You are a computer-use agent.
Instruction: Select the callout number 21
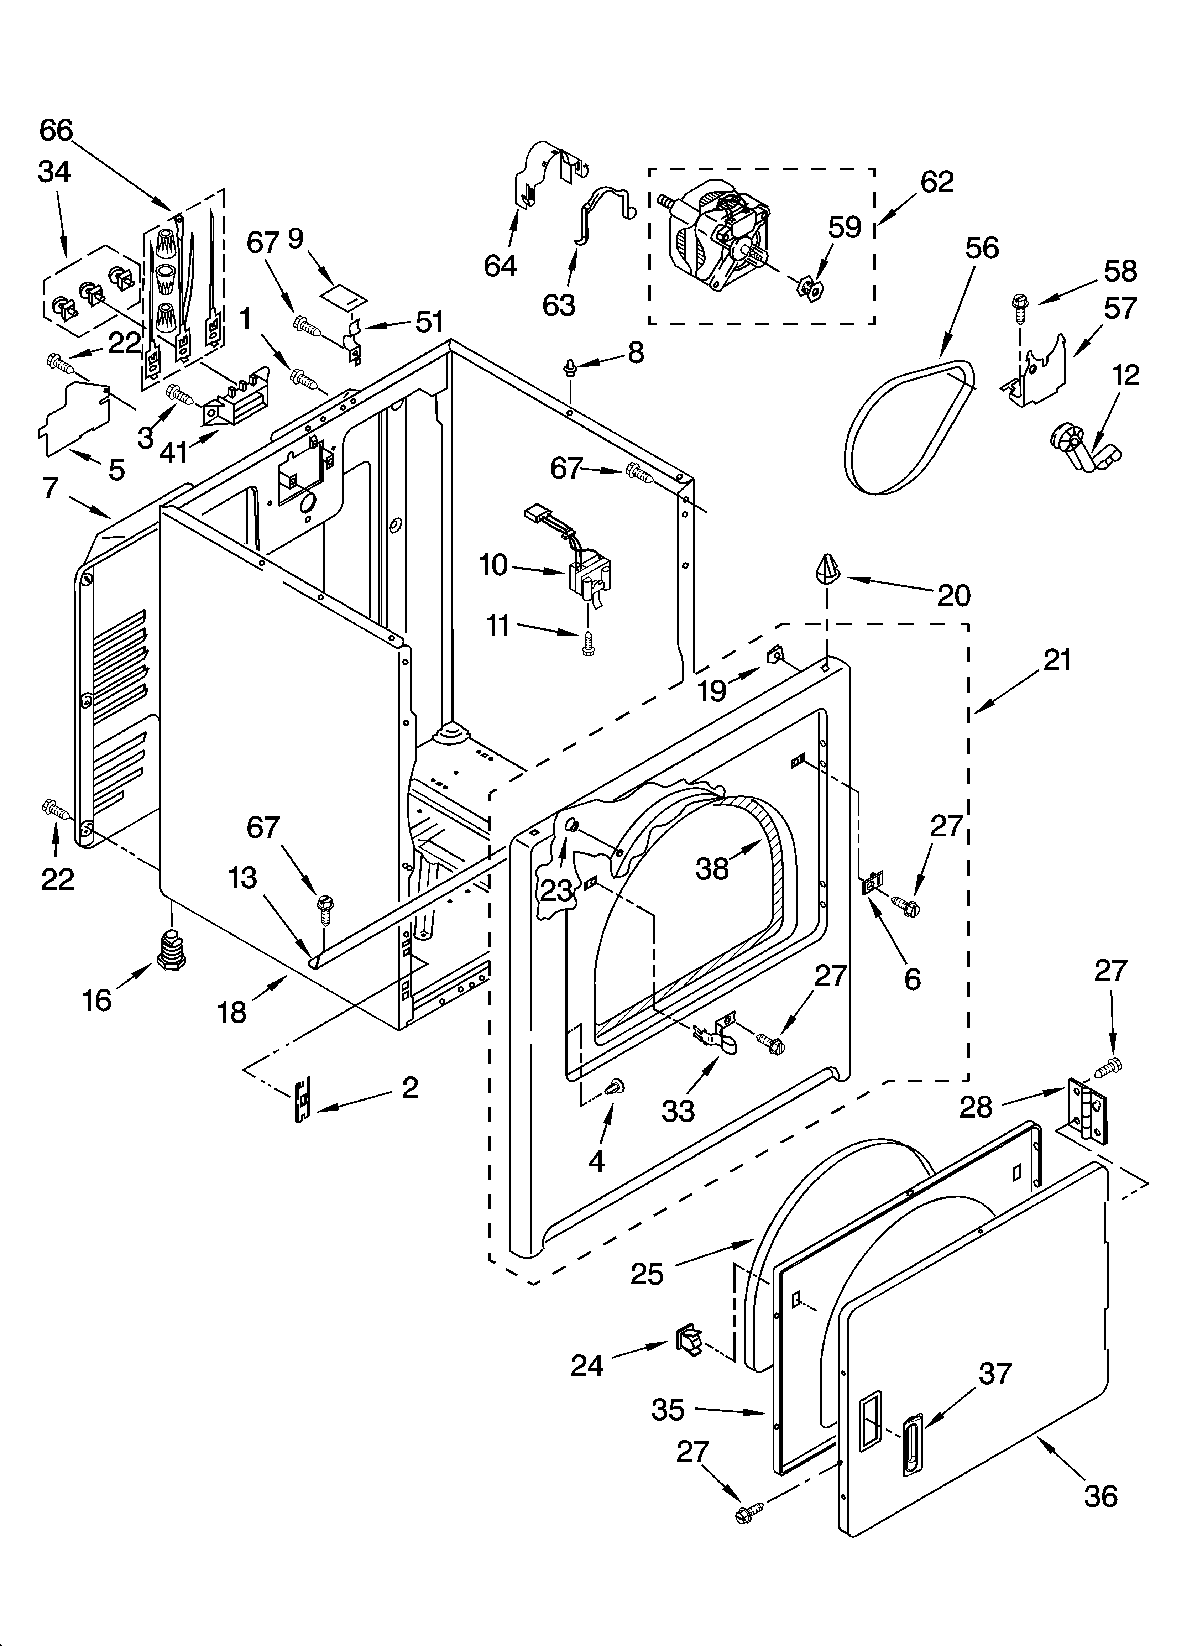(x=1057, y=660)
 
